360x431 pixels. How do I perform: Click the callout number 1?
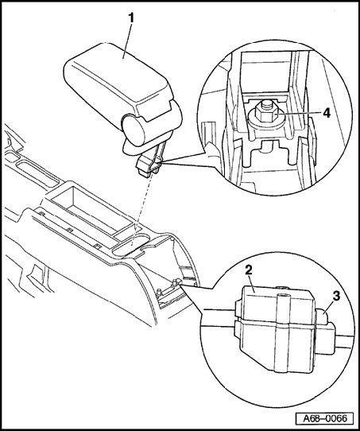coord(132,18)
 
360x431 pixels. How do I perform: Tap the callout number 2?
coord(249,270)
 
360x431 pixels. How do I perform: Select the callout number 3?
coord(336,296)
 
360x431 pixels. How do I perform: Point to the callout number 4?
coord(327,113)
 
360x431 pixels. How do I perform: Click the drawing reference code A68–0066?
coord(325,418)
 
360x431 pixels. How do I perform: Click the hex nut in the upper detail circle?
coord(265,115)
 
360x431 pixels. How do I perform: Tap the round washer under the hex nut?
coord(265,122)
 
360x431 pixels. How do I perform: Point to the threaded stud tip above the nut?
coord(265,103)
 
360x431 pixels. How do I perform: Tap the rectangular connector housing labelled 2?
coord(275,330)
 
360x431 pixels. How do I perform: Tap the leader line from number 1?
coord(128,41)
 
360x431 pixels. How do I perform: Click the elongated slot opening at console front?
coord(37,173)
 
